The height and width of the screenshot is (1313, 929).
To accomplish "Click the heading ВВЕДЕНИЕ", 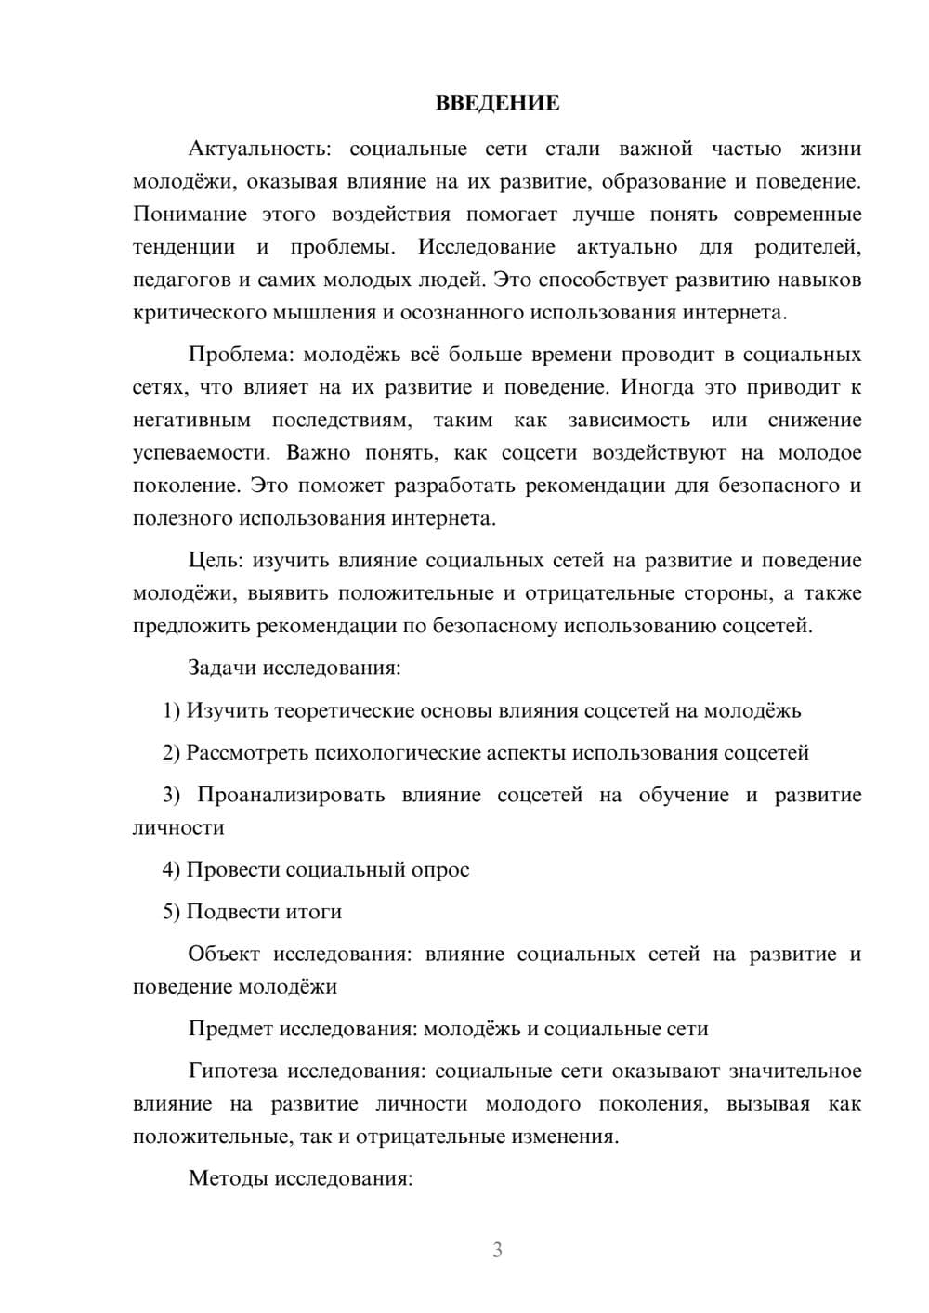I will coord(497,103).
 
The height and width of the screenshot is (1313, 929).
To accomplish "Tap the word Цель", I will coord(216,561).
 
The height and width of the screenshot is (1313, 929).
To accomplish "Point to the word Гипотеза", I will coord(232,1072).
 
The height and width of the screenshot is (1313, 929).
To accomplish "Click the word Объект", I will coord(224,955).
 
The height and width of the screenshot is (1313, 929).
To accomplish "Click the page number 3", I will coord(497,1251).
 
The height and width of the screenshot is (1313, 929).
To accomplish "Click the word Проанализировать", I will coord(291,796).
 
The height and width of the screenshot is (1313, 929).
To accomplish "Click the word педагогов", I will coord(180,279).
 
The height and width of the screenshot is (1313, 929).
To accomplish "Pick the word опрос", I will coord(440,870).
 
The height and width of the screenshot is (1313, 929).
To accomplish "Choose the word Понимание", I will coord(190,214).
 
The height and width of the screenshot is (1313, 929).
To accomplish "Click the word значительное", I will coord(795,1072).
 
